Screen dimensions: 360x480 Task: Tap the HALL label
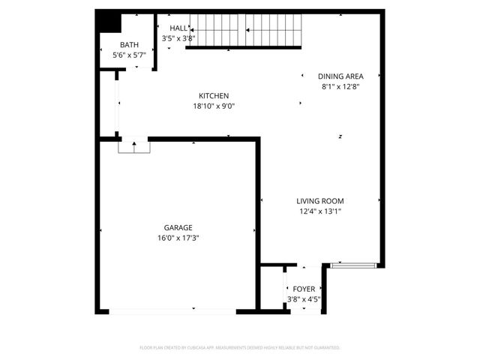(x=178, y=28)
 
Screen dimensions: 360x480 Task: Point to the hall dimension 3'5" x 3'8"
(x=178, y=37)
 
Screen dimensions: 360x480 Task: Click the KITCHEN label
(x=214, y=95)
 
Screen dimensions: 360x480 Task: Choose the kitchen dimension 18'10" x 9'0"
(x=214, y=106)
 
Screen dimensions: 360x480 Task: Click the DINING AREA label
(x=341, y=76)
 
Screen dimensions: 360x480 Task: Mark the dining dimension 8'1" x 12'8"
(x=341, y=86)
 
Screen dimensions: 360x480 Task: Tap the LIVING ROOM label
(x=320, y=200)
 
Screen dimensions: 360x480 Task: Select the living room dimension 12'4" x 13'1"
(x=320, y=211)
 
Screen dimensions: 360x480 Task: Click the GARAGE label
(x=178, y=227)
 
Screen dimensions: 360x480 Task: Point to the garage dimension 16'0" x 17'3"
(x=178, y=238)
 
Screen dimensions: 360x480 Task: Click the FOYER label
(x=304, y=288)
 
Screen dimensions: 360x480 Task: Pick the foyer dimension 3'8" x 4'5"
(x=304, y=298)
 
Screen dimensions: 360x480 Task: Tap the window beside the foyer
(x=352, y=265)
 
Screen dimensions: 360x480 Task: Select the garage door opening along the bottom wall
(x=173, y=310)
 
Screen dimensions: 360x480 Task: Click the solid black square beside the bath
(x=110, y=22)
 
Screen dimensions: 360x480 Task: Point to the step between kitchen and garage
(x=134, y=146)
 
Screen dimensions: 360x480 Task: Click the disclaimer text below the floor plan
(x=240, y=348)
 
